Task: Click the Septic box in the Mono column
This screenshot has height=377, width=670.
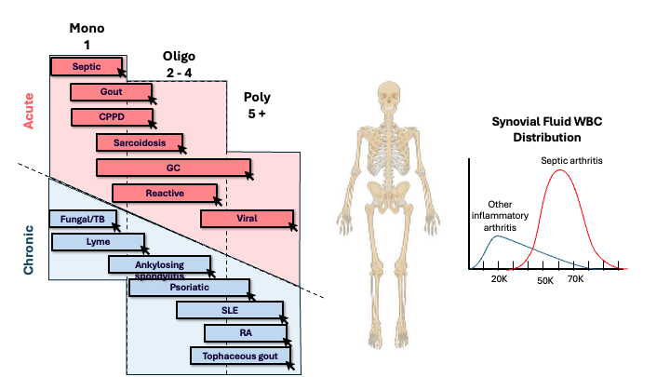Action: (86, 66)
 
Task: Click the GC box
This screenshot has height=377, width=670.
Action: (173, 168)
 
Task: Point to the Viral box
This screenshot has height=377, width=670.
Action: (247, 219)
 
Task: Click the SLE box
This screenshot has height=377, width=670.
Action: (229, 310)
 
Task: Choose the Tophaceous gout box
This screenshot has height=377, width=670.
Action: (240, 355)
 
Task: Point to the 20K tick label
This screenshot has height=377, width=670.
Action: (500, 277)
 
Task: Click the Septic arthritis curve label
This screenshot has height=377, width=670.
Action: (572, 161)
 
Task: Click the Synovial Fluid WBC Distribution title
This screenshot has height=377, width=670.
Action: (542, 129)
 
